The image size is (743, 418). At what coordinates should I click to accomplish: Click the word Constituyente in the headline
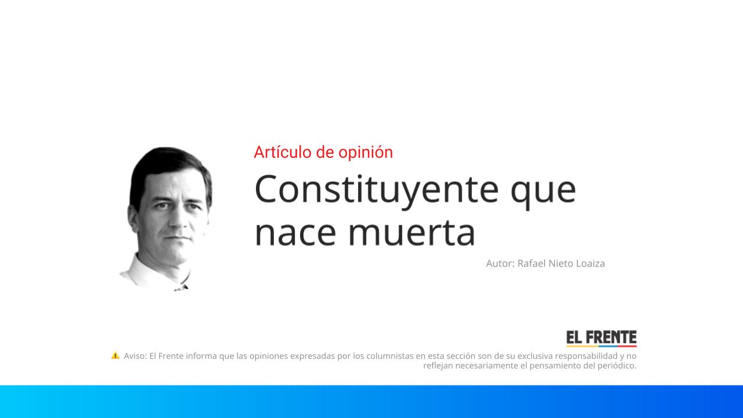[376, 189]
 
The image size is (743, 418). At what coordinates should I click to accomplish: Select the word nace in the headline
[295, 233]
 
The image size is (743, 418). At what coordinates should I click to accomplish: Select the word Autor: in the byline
[500, 264]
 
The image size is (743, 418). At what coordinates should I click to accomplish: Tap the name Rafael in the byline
[531, 264]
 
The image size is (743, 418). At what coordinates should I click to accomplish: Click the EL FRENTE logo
[601, 338]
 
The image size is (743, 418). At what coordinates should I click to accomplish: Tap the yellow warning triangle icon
[115, 355]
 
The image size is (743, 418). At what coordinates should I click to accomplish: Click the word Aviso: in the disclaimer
[135, 356]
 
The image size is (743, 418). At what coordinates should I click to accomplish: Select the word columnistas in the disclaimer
[389, 356]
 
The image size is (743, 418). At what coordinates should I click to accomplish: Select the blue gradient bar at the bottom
[371, 401]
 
